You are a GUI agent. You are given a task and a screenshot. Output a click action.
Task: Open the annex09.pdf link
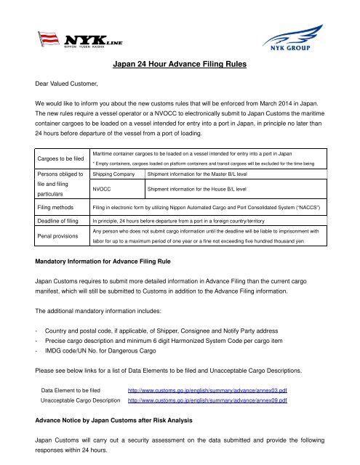[208, 400]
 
